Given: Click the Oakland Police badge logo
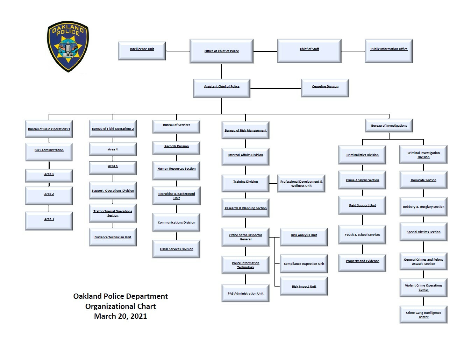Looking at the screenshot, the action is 68,47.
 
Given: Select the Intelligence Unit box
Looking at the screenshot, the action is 142,51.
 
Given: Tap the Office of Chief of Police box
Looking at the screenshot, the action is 222,51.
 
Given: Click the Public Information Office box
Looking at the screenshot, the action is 389,51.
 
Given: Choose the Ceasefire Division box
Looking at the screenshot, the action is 325,88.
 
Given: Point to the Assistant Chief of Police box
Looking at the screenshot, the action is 222,89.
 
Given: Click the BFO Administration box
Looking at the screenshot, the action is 49,152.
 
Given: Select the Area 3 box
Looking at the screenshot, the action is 49,221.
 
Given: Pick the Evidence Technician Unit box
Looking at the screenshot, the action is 113,237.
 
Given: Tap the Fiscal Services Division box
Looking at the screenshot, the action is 176,249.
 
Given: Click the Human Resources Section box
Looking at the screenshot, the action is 176,171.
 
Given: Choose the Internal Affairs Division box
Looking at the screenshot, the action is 245,157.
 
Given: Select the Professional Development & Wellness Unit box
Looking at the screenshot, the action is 301,184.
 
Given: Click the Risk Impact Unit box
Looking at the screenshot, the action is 304,286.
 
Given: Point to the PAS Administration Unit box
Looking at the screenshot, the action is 245,293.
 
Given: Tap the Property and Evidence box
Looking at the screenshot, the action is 362,263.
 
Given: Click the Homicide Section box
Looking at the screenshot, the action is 423,180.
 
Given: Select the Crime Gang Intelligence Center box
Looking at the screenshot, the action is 423,315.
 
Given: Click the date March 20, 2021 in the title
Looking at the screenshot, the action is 120,316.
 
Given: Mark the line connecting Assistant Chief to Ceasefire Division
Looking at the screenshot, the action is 276,89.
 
